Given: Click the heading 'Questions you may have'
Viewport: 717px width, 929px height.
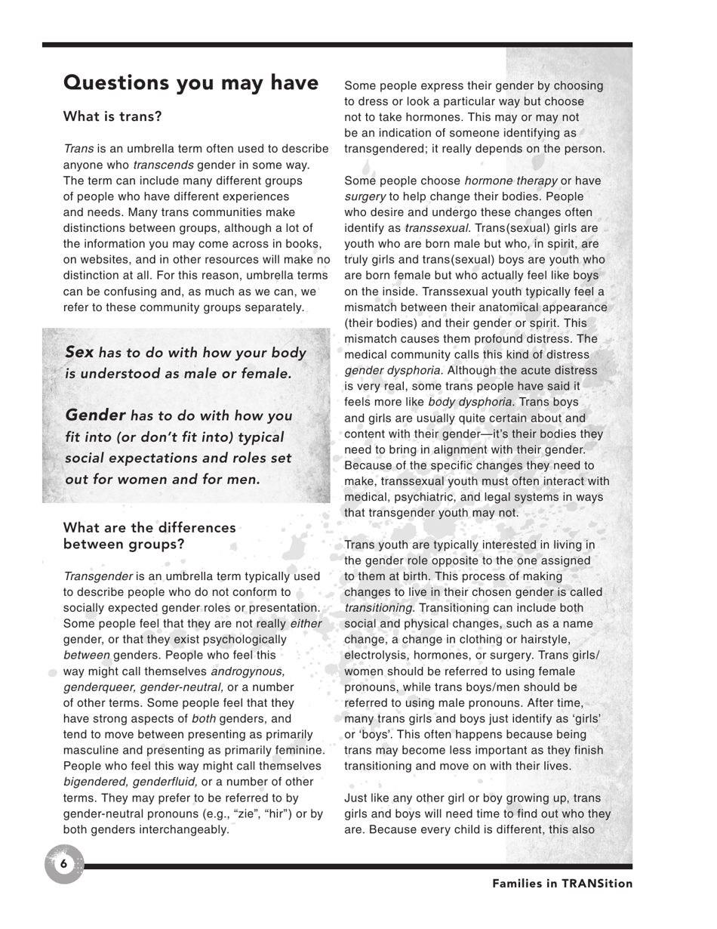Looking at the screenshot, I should click(190, 83).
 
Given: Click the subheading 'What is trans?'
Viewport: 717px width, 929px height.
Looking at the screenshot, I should click(112, 116).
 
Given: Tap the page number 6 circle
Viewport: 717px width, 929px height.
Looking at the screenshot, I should click(63, 864).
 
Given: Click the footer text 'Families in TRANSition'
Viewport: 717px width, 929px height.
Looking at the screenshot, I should click(562, 883).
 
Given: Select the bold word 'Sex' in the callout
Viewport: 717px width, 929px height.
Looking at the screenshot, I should click(79, 352).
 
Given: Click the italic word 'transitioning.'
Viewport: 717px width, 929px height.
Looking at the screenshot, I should click(379, 607).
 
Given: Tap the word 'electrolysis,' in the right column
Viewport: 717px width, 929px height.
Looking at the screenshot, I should click(378, 655).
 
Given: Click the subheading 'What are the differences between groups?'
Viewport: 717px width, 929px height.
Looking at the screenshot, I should click(149, 535).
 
